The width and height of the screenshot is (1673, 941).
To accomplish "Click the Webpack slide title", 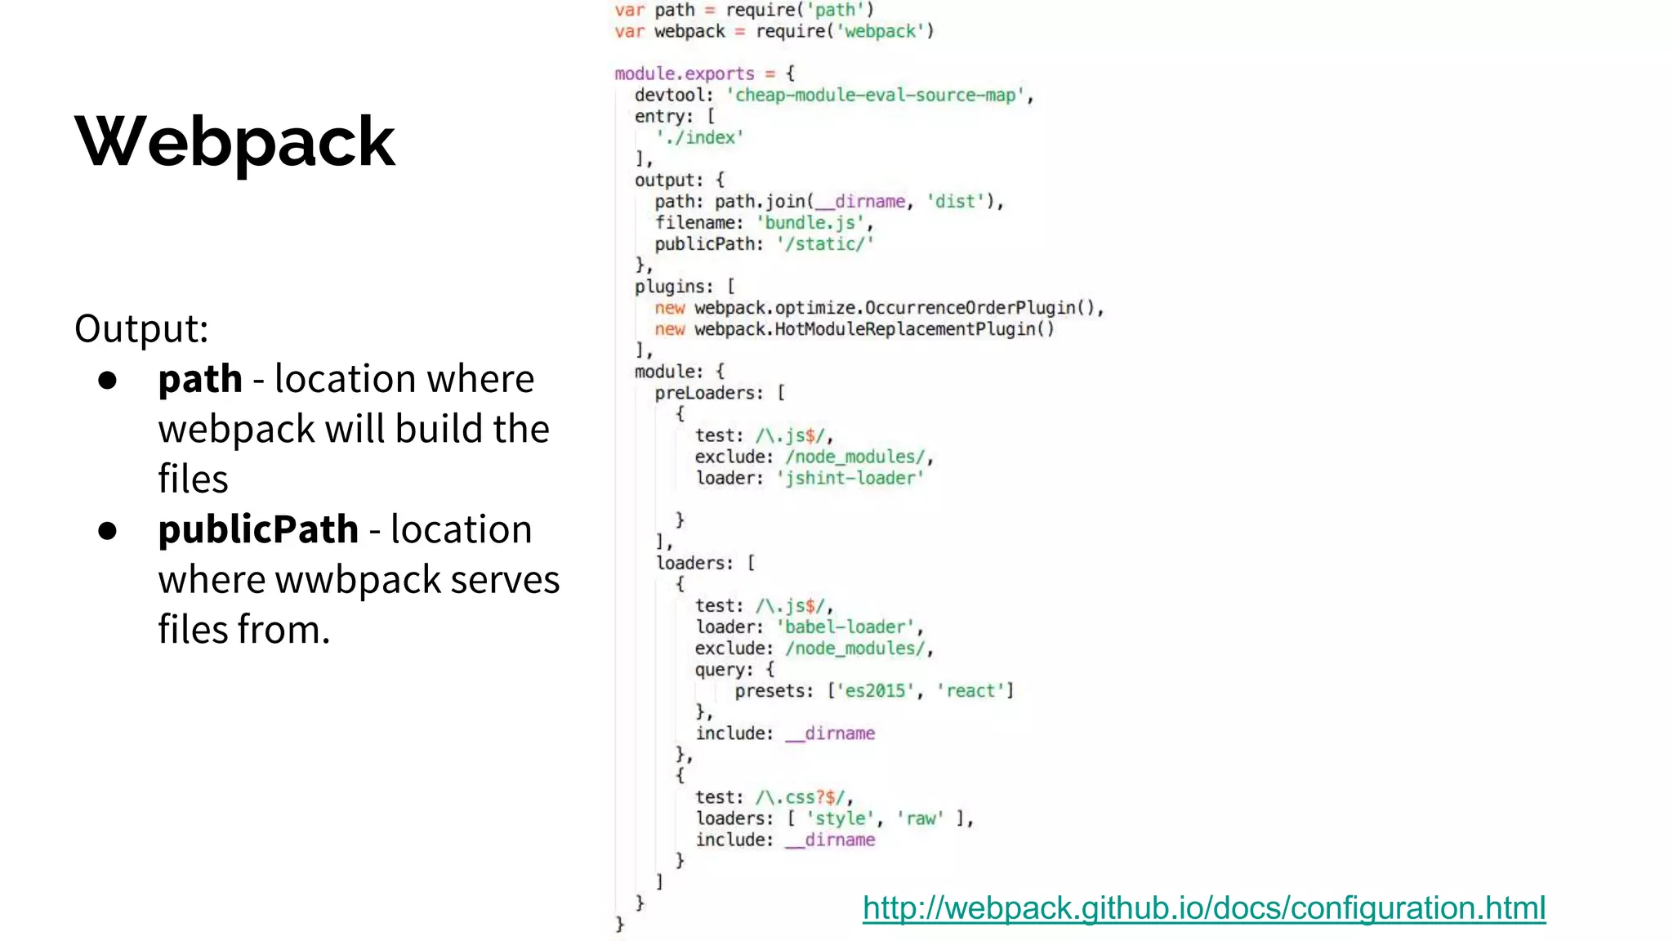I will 235,142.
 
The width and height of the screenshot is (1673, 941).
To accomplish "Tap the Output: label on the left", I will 141,329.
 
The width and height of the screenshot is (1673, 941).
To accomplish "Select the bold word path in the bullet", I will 200,379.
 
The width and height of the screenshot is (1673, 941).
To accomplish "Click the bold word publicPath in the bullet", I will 258,529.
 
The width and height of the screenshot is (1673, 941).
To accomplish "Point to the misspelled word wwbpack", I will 359,580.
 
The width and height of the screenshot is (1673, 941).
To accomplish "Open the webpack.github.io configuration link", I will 1203,908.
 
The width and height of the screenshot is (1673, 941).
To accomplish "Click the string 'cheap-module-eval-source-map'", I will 875,96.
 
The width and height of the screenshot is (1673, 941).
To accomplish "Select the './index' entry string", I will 700,138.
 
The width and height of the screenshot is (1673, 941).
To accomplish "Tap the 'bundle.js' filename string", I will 810,223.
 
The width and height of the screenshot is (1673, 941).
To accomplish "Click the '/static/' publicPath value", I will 825,244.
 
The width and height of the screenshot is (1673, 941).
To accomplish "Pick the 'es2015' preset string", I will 874,691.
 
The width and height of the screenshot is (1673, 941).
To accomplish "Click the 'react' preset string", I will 970,691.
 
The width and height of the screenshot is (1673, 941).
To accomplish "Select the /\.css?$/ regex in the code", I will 804,797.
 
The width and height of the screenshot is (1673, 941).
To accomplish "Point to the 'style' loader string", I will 841,818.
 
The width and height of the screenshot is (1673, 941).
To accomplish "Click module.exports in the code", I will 685,74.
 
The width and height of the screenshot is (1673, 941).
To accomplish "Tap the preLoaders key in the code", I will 707,393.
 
